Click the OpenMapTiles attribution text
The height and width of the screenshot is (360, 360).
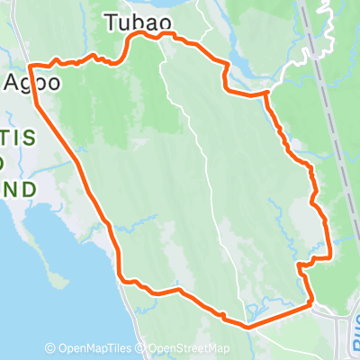[94, 349]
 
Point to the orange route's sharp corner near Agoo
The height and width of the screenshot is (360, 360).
[31, 66]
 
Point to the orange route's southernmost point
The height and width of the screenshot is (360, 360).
[245, 325]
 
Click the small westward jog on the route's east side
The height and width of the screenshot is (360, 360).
[301, 265]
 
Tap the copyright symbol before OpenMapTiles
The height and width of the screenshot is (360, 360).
[49, 349]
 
